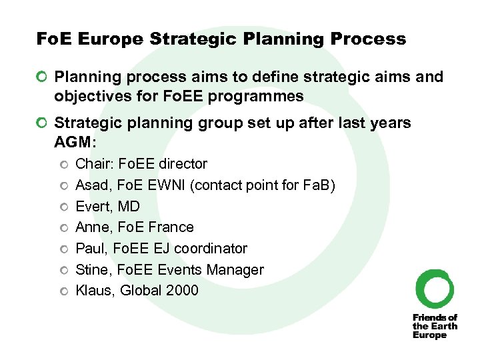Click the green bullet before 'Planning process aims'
pyautogui.click(x=43, y=78)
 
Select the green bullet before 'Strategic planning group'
pyautogui.click(x=43, y=123)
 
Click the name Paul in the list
pyautogui.click(x=90, y=249)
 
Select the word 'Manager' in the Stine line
pyautogui.click(x=237, y=270)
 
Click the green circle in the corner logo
pyautogui.click(x=435, y=288)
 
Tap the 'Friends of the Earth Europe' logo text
pyautogui.click(x=435, y=326)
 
